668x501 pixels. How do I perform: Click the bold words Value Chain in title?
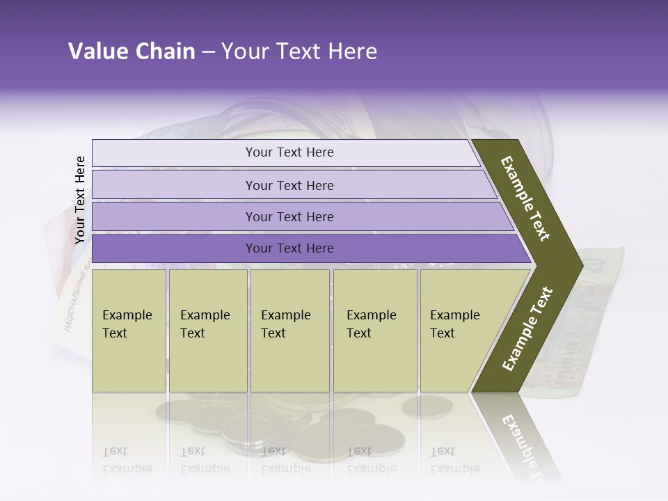[132, 51]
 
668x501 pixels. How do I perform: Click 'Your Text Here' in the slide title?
[299, 51]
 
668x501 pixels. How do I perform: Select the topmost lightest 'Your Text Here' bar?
[289, 152]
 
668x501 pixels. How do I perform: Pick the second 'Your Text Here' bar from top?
[289, 185]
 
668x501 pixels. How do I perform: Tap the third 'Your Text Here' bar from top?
[289, 216]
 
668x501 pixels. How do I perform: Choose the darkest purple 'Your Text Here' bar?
[289, 248]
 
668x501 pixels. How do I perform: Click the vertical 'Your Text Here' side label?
[80, 200]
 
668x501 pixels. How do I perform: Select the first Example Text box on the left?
[129, 331]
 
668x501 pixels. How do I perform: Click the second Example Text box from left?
[207, 331]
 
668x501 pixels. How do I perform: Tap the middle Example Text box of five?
[289, 331]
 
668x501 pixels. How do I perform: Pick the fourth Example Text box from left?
[374, 331]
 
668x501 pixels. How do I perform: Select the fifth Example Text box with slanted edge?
[459, 331]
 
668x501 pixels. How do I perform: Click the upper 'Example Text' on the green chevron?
[525, 198]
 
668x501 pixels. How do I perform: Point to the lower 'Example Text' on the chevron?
[527, 329]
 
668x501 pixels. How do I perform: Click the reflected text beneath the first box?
[127, 460]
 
